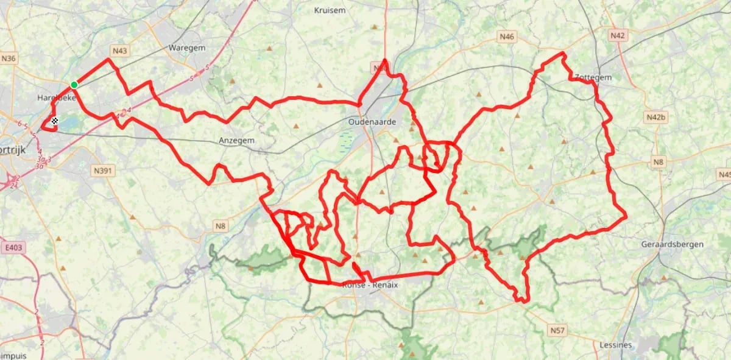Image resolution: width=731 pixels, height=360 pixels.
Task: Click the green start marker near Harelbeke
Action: click(74, 85)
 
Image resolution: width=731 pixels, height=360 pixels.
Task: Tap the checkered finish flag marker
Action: click(54, 121)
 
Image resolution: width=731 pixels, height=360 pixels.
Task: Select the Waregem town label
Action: click(186, 48)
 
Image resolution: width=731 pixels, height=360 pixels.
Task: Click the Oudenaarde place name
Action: click(372, 122)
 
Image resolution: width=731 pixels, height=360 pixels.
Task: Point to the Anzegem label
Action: click(236, 141)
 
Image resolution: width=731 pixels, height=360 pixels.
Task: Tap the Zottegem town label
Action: click(593, 78)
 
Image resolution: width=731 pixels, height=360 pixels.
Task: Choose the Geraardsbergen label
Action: click(672, 244)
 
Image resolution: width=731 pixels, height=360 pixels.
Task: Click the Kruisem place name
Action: click(330, 10)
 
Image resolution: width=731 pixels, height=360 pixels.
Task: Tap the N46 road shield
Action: click(507, 37)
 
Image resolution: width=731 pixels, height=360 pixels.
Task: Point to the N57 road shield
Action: click(556, 330)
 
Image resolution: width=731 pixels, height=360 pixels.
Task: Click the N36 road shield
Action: click(9, 58)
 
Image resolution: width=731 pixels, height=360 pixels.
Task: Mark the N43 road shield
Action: click(119, 51)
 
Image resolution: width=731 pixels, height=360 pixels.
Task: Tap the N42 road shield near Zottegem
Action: click(617, 36)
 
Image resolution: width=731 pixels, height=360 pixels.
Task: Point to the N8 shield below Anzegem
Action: click(220, 227)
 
